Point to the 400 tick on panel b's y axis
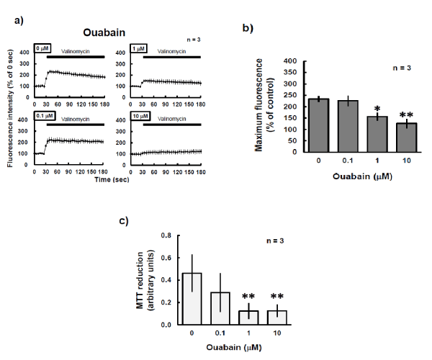[x=290, y=62]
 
